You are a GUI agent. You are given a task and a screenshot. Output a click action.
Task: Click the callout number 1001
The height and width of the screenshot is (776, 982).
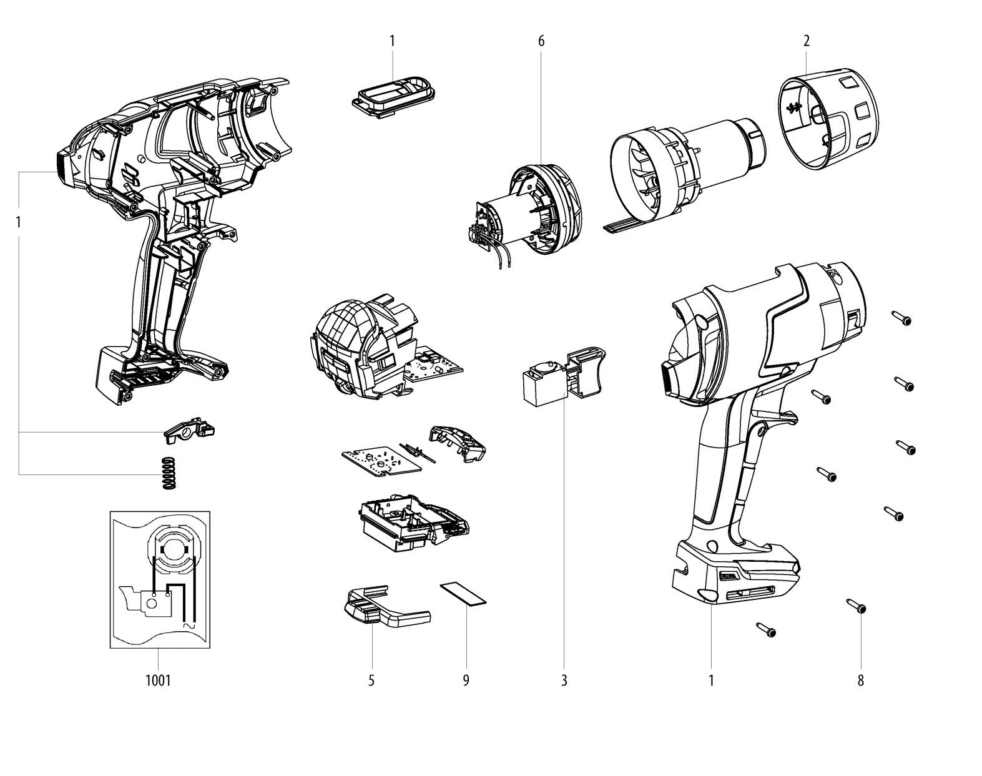[158, 680]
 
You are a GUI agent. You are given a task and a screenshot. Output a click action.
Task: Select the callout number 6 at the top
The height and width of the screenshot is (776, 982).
[541, 42]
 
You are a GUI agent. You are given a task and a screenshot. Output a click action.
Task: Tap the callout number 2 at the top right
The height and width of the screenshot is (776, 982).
[807, 41]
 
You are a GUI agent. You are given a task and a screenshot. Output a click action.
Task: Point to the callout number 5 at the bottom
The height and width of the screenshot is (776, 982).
[371, 680]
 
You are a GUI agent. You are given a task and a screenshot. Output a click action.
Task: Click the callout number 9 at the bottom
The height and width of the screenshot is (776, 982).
[466, 680]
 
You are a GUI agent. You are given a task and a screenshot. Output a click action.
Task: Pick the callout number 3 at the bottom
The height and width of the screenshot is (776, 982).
[564, 680]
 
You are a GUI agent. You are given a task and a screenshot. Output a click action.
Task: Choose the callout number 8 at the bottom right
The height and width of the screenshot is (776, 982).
[861, 680]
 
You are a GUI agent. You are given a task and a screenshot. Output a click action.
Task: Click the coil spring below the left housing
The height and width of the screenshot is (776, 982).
[169, 473]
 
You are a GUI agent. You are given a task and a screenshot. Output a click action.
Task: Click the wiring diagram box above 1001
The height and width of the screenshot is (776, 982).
[160, 580]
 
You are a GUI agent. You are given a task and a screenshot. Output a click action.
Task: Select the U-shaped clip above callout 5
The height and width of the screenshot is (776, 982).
[386, 606]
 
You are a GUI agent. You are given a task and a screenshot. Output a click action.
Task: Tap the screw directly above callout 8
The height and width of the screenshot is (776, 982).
[857, 606]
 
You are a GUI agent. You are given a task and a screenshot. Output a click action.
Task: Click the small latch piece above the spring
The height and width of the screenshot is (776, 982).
[189, 429]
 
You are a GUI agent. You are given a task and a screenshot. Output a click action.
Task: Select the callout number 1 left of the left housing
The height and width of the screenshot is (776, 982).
[18, 222]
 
